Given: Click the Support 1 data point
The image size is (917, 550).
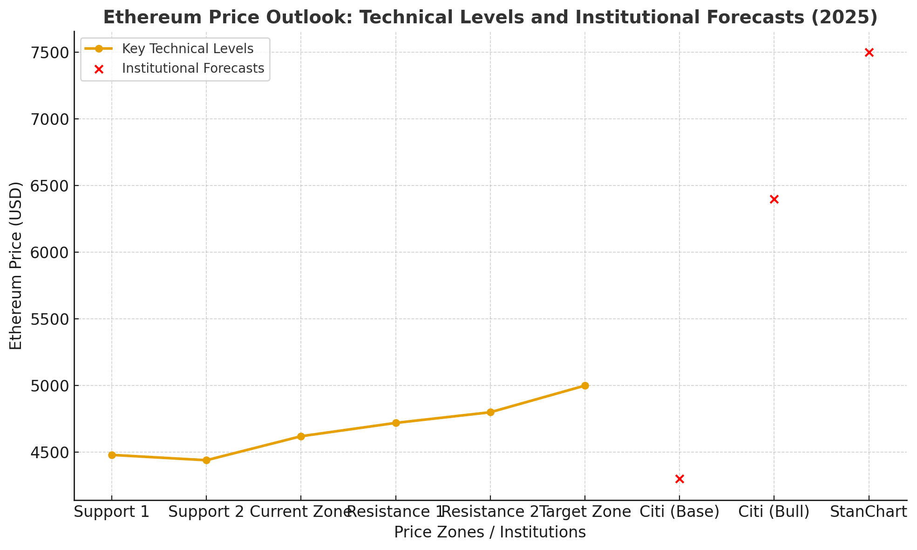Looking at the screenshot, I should [x=112, y=455].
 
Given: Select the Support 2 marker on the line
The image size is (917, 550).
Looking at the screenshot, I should [x=206, y=460].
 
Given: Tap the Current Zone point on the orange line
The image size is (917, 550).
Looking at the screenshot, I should [x=301, y=436].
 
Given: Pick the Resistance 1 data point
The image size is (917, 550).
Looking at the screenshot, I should [x=395, y=423].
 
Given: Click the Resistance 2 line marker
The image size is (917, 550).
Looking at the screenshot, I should [x=490, y=412].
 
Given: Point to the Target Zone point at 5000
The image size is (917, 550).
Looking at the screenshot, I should [x=585, y=385].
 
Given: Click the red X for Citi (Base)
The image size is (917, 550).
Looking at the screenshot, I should [x=679, y=479].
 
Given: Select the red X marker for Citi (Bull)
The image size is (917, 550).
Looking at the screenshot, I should [x=774, y=199].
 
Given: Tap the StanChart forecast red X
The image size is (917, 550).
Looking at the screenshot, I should [x=869, y=52].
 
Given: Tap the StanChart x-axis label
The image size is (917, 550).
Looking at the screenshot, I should [x=869, y=512].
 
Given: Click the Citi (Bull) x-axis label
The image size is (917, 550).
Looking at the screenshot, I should [x=774, y=512].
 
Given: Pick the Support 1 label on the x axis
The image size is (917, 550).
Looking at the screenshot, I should [x=112, y=512].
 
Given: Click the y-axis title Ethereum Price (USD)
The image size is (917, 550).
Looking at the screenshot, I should [x=16, y=266].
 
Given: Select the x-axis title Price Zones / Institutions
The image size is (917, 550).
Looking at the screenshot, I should [x=490, y=532].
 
